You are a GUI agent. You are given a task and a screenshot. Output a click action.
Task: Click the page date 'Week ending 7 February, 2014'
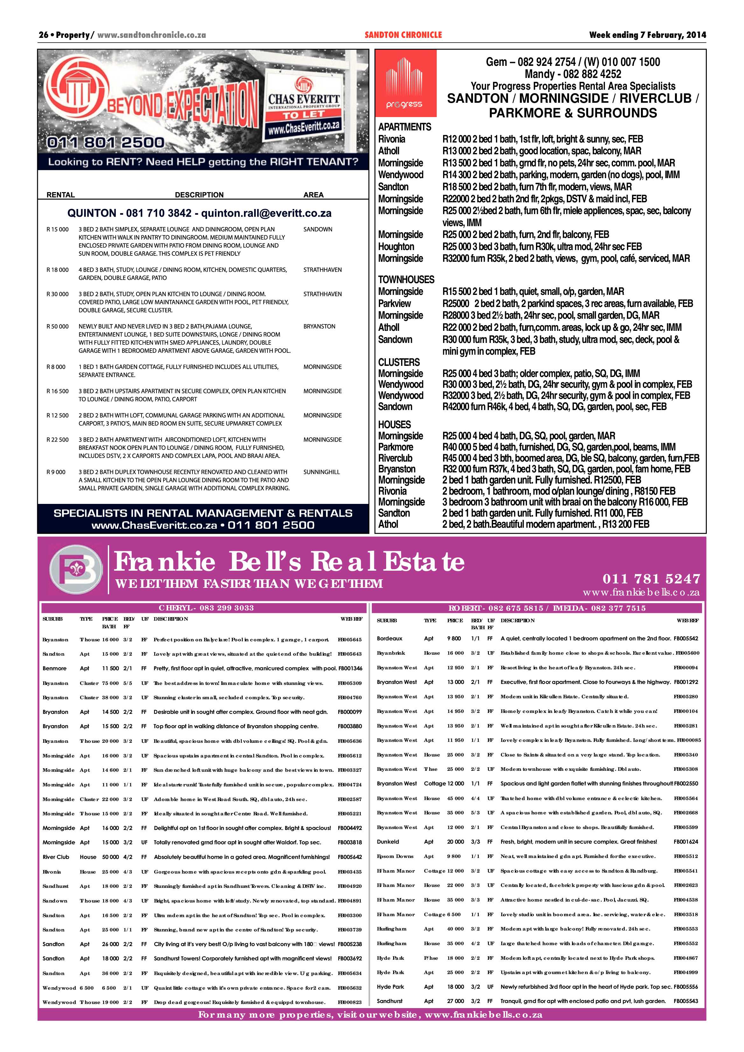(647, 35)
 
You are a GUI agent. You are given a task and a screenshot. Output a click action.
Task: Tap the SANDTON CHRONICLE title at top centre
(403, 35)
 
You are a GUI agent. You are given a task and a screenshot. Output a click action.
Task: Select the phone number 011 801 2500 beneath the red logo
(105, 143)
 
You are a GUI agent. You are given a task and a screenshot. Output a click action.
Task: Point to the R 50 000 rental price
(58, 326)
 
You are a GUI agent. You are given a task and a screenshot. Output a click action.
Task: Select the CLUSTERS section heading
(399, 362)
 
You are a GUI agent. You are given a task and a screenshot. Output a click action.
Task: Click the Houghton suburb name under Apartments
(396, 247)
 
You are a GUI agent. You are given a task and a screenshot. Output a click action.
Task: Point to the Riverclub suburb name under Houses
(395, 458)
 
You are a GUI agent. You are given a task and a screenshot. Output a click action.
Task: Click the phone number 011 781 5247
(651, 579)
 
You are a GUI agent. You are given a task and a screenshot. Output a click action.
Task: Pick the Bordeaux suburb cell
(389, 638)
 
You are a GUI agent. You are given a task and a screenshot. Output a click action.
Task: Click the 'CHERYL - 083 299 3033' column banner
(206, 608)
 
